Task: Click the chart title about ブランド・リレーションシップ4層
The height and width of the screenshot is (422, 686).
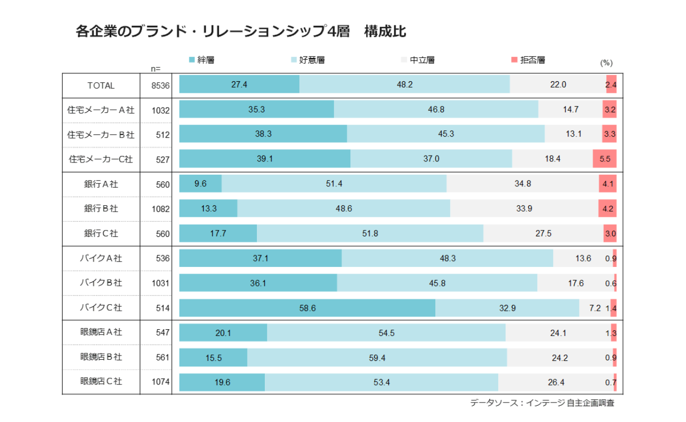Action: pyautogui.click(x=241, y=32)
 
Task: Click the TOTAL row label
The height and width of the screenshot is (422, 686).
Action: pyautogui.click(x=101, y=85)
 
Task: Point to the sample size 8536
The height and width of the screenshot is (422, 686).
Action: pyautogui.click(x=159, y=85)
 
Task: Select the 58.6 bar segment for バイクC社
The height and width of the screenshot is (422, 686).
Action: pyautogui.click(x=307, y=308)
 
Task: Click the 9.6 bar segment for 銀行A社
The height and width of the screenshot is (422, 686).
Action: pyautogui.click(x=201, y=184)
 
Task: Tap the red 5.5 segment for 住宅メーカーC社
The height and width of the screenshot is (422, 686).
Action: pyautogui.click(x=605, y=159)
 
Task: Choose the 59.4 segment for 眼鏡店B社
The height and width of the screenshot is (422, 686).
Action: pyautogui.click(x=377, y=358)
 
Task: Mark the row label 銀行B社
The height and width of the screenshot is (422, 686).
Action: pyautogui.click(x=101, y=208)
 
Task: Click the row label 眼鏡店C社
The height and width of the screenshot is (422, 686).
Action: pyautogui.click(x=101, y=381)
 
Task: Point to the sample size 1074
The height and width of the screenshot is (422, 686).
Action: pyautogui.click(x=159, y=381)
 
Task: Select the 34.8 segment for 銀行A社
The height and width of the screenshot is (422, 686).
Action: pyautogui.click(x=522, y=184)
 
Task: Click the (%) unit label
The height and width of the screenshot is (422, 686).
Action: pyautogui.click(x=606, y=63)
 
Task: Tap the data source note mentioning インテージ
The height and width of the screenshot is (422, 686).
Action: pyautogui.click(x=542, y=403)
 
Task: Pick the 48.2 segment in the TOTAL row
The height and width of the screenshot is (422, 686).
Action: pyautogui.click(x=404, y=84)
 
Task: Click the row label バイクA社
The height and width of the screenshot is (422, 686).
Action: pyautogui.click(x=101, y=258)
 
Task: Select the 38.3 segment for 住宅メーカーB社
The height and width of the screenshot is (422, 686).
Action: pyautogui.click(x=263, y=134)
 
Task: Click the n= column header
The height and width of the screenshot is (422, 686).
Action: pyautogui.click(x=156, y=68)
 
